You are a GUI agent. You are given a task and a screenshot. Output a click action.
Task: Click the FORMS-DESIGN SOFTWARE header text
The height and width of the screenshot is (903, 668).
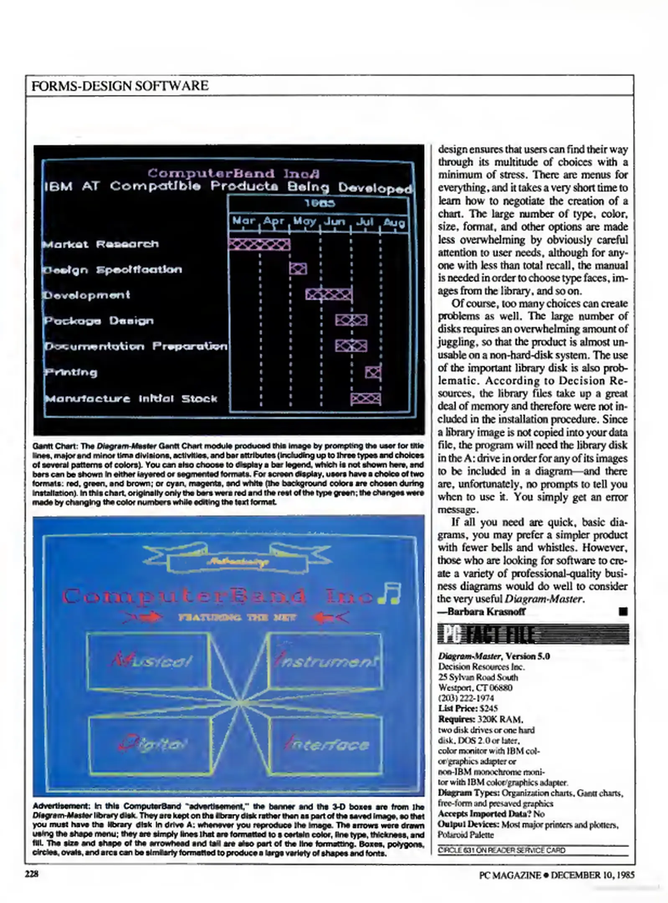[120, 86]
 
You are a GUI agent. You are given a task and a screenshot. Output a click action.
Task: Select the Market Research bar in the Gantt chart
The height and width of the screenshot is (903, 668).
[259, 244]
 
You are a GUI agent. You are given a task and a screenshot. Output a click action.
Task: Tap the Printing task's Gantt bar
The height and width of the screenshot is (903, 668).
[373, 372]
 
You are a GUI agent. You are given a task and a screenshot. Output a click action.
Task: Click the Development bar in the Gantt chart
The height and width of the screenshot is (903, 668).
[329, 294]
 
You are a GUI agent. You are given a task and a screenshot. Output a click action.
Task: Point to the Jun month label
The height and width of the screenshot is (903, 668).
[335, 221]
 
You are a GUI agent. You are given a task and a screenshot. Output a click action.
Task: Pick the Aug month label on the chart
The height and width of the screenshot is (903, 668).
[394, 222]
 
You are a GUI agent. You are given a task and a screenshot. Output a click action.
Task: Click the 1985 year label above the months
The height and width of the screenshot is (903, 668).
[320, 204]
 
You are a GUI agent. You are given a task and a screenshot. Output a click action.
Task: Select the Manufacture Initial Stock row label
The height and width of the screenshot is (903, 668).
[131, 398]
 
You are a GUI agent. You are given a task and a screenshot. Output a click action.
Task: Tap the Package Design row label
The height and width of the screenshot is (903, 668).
[99, 321]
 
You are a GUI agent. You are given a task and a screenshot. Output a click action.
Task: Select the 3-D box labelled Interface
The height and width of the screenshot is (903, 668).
[325, 745]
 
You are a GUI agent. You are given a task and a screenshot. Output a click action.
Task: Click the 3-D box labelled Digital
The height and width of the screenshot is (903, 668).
[149, 745]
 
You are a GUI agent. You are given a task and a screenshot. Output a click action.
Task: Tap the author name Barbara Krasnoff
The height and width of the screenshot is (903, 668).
[486, 612]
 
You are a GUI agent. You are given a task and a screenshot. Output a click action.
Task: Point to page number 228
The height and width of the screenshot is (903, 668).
[31, 873]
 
